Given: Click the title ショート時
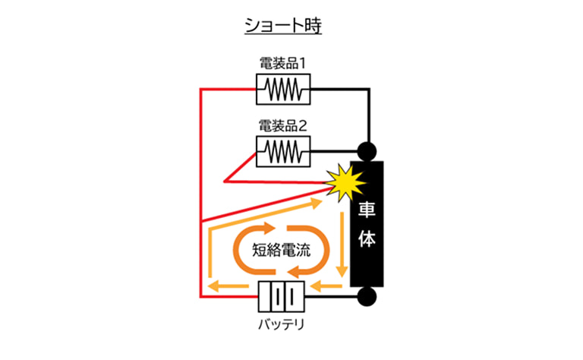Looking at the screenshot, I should tap(283, 26).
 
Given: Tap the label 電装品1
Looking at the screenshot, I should tap(283, 65).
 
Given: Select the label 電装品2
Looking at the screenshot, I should tap(283, 126).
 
